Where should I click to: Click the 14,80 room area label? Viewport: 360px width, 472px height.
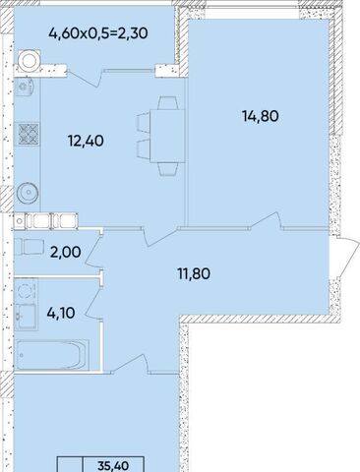261,116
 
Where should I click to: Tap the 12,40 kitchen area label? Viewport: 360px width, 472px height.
86,141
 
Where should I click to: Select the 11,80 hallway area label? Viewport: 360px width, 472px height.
194,273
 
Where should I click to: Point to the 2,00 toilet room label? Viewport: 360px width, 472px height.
66,252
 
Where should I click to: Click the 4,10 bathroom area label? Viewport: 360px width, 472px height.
61,313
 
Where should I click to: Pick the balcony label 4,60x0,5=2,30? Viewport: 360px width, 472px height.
98,33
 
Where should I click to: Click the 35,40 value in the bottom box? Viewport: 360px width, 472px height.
113,465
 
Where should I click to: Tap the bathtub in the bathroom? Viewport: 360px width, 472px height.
52,355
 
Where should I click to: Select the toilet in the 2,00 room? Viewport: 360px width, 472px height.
29,247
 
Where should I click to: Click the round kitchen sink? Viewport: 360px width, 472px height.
28,193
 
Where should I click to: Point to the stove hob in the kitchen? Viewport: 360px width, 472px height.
29,134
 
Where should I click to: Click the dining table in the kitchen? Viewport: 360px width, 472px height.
167,136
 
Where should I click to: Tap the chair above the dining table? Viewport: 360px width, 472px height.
168,102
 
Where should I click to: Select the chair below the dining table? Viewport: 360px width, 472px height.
168,169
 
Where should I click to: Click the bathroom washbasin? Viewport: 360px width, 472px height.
27,316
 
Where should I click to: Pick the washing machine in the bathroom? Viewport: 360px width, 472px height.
26,289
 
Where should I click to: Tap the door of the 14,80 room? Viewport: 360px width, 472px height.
266,219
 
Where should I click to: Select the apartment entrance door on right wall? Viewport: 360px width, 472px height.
344,257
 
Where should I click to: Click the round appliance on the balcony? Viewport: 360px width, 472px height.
29,60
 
